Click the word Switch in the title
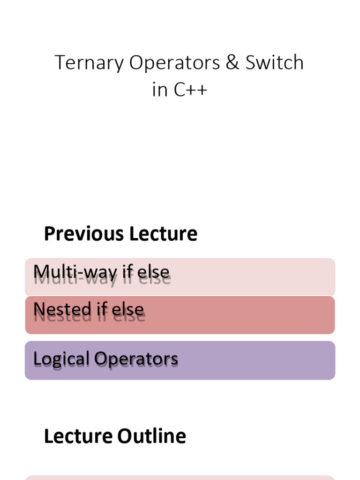275,63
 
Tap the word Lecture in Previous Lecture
164,234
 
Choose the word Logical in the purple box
61,359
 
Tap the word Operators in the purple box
136,359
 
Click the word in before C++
160,90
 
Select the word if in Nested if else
101,309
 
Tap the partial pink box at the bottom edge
180,478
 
